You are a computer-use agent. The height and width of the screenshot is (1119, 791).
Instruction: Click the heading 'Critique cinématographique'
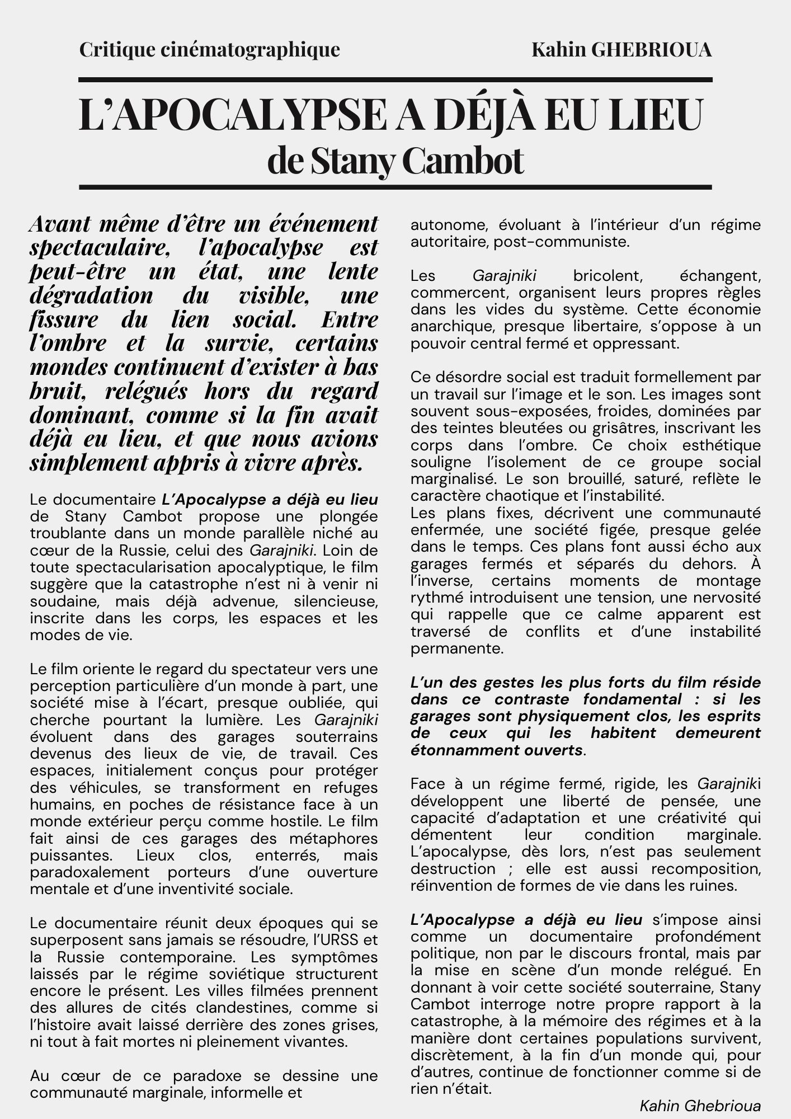(209, 50)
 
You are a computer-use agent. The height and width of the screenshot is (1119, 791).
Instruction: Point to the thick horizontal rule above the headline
(396, 80)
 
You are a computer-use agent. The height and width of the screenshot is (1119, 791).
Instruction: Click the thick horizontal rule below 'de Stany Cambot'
(396, 187)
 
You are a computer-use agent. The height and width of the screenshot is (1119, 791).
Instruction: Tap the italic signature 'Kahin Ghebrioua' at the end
(700, 1106)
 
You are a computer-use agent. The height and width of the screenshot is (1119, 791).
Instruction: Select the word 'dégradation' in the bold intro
(91, 295)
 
